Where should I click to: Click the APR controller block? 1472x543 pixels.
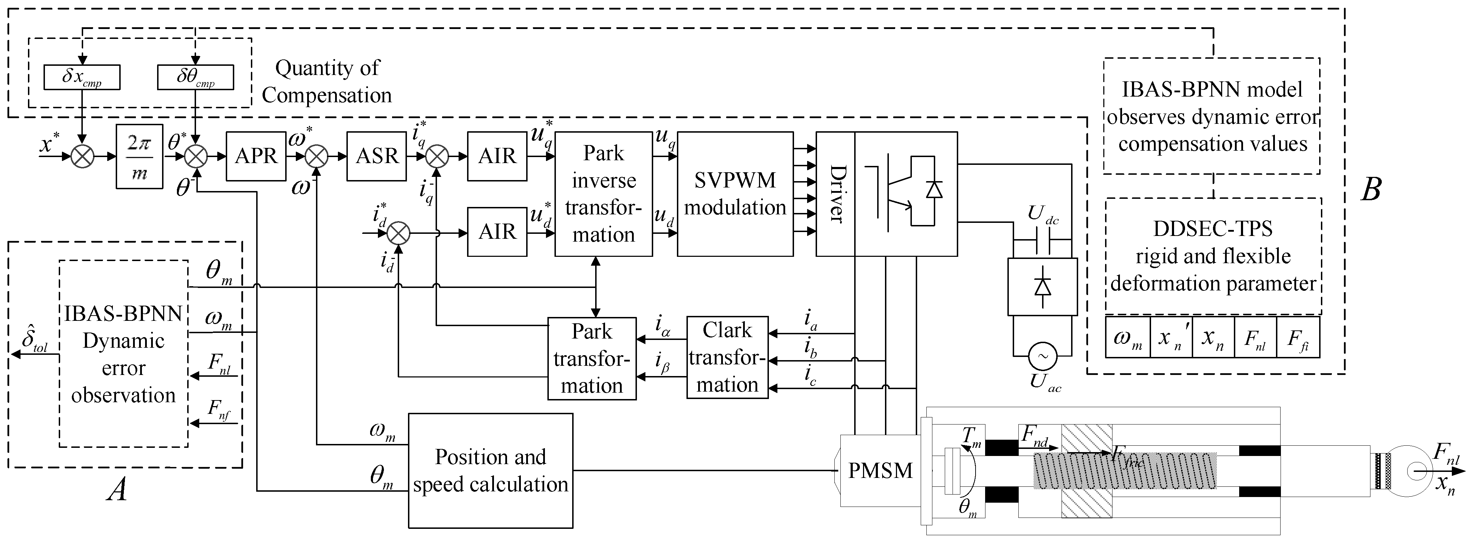point(255,156)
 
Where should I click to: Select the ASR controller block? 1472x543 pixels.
point(376,156)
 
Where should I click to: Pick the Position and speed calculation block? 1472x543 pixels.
point(490,470)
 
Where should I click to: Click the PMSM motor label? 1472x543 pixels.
point(880,470)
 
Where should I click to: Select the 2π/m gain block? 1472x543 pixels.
point(139,156)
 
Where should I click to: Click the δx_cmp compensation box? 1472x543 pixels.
point(82,77)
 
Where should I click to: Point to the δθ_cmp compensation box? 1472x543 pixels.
point(195,77)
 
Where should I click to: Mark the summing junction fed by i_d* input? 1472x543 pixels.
point(398,233)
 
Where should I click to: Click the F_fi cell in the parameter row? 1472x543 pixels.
point(1298,339)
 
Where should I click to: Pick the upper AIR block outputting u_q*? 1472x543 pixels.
point(497,156)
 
